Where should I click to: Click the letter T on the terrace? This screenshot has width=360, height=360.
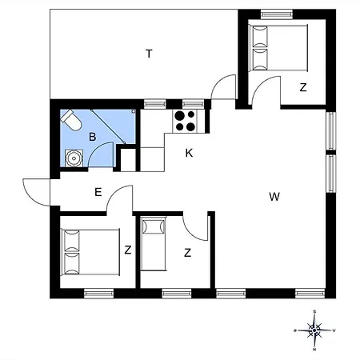click(149, 54)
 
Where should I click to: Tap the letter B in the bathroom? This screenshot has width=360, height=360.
click(93, 137)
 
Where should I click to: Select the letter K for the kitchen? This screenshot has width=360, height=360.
click(189, 153)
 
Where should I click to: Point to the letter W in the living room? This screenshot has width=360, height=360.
click(274, 196)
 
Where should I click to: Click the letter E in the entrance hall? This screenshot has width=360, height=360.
click(98, 191)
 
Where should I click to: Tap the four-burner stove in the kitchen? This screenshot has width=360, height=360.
click(186, 120)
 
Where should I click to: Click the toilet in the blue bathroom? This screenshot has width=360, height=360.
click(70, 121)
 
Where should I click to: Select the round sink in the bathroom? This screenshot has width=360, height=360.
click(74, 157)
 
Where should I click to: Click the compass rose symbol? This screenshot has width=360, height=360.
click(315, 329)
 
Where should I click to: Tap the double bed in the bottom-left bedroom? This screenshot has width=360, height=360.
click(89, 252)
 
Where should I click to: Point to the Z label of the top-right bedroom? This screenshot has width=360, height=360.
click(303, 88)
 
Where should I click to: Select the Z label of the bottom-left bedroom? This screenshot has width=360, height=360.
click(127, 250)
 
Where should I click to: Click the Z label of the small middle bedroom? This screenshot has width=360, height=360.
click(187, 253)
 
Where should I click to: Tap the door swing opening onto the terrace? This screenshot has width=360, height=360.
click(226, 86)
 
